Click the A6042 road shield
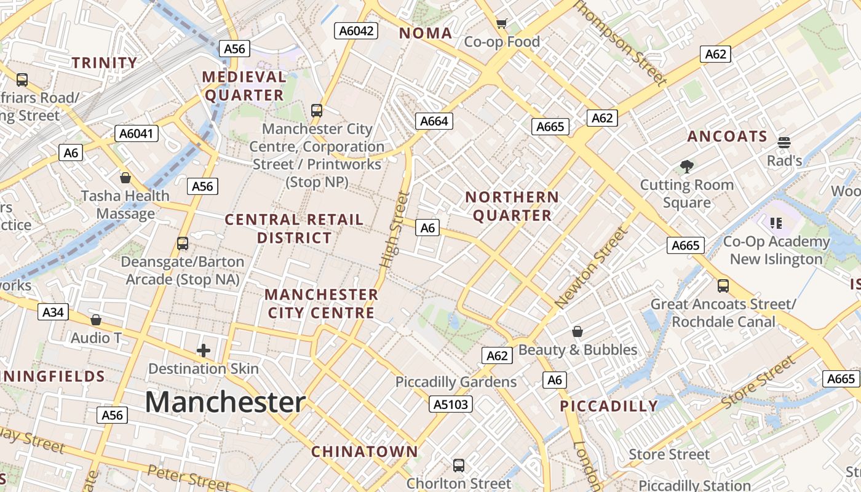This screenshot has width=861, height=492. pyautogui.click(x=355, y=30)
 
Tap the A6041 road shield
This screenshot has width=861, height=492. pyautogui.click(x=137, y=133)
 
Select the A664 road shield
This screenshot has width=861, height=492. pyautogui.click(x=434, y=121)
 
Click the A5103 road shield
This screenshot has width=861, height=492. pyautogui.click(x=451, y=404)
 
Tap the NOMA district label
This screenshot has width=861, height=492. pyautogui.click(x=426, y=33)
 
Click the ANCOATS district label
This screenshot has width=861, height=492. pyautogui.click(x=727, y=137)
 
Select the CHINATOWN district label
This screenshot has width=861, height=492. pyautogui.click(x=364, y=451)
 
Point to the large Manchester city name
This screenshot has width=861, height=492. pyautogui.click(x=225, y=402)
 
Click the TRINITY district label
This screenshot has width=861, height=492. pyautogui.click(x=105, y=63)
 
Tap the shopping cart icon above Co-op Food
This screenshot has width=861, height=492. pyautogui.click(x=502, y=24)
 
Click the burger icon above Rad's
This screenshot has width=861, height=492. pyautogui.click(x=784, y=143)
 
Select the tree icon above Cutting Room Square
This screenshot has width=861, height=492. pyautogui.click(x=686, y=166)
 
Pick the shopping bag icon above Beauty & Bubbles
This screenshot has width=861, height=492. pyautogui.click(x=577, y=332)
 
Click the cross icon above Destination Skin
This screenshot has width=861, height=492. pyautogui.click(x=204, y=351)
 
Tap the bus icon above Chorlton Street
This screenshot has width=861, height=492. pyautogui.click(x=459, y=465)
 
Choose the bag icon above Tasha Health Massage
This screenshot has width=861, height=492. pyautogui.click(x=125, y=178)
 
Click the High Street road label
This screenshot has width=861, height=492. pyautogui.click(x=395, y=229)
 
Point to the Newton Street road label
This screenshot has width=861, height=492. pyautogui.click(x=592, y=268)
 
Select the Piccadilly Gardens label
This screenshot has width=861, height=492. pyautogui.click(x=456, y=382)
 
